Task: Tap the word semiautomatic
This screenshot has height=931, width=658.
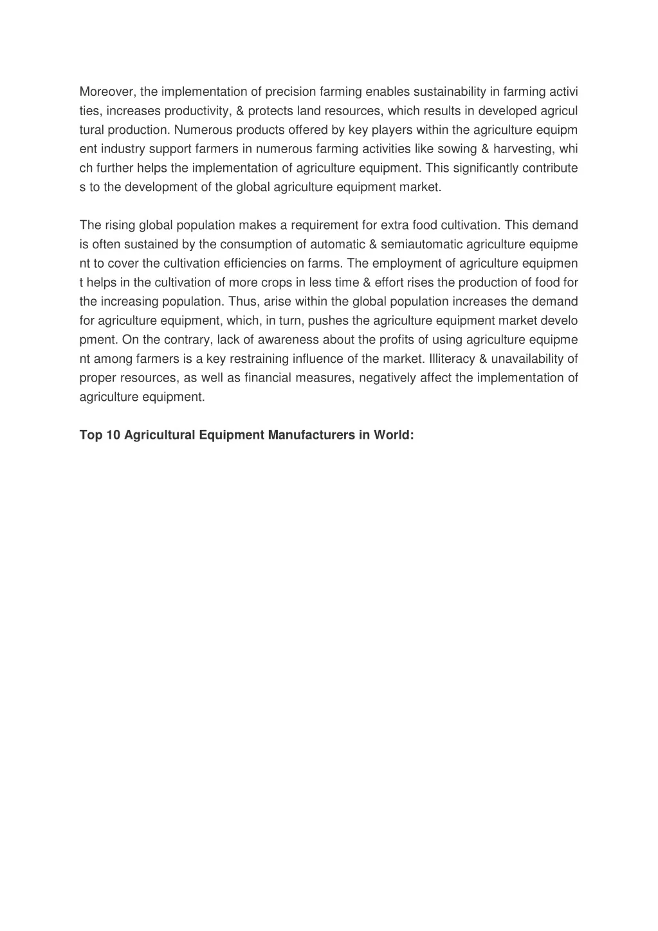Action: tap(421, 244)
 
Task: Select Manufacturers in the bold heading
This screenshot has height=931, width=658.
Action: tap(312, 435)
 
